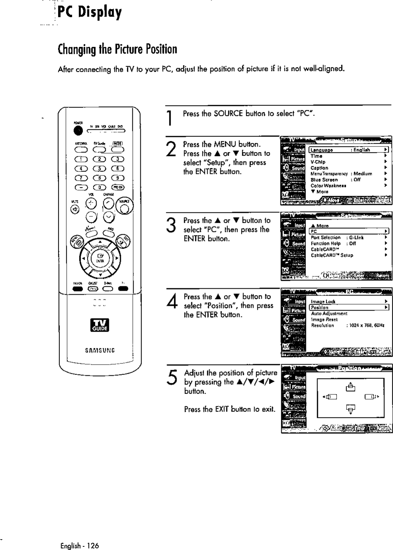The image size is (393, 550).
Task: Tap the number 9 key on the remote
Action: pos(118,178)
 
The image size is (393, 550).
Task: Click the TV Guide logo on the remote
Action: pos(100,325)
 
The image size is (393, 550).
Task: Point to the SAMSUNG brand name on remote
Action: pos(100,350)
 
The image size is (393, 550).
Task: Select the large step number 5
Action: pos(171,379)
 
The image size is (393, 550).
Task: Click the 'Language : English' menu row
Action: pos(348,150)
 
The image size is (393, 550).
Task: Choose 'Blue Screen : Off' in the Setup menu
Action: pos(335,179)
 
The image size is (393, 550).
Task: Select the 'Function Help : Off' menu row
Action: pos(333,243)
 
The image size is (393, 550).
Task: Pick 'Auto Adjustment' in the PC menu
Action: pos(329,313)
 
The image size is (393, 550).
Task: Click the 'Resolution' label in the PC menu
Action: pos(322,325)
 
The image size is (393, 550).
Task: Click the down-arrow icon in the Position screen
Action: pos(350,409)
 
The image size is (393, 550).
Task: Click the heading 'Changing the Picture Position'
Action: pos(117,49)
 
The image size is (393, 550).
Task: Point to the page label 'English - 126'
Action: pos(80,546)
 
